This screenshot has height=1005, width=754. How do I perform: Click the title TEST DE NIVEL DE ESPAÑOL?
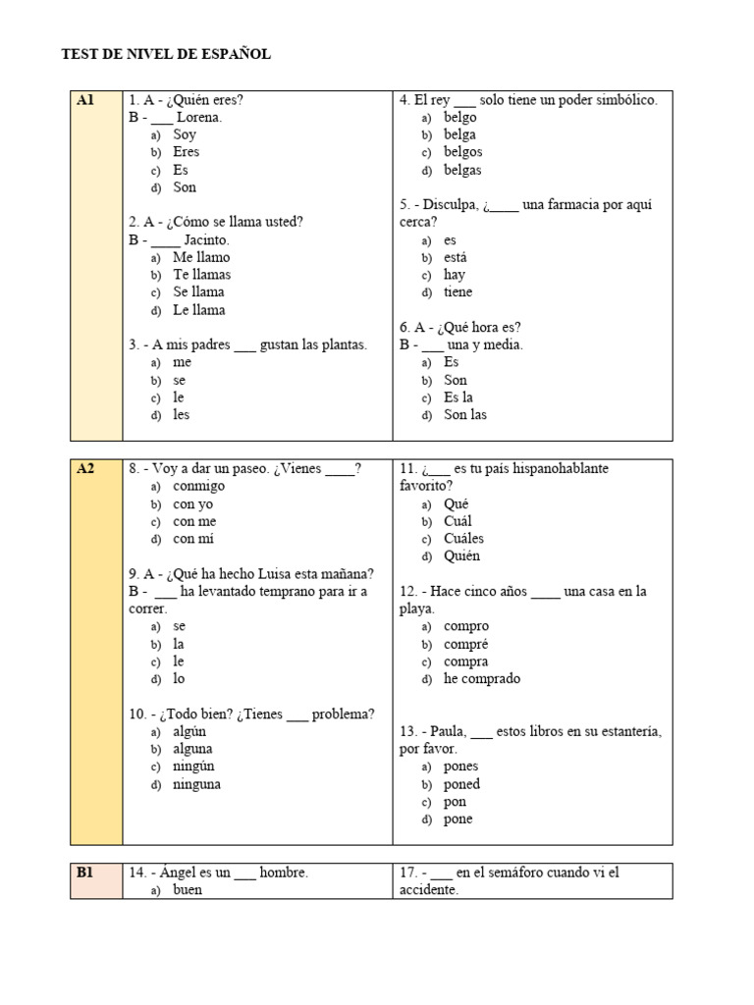click(166, 55)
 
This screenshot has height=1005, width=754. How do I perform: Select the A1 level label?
click(85, 100)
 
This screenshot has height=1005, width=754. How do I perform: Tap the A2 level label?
click(85, 468)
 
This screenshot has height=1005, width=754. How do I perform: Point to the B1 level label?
click(85, 872)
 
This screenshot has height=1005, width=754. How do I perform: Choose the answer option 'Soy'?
click(185, 134)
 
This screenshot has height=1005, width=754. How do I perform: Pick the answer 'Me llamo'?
click(201, 257)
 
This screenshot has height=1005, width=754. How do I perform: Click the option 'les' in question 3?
click(182, 414)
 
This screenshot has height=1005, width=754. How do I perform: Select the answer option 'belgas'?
click(462, 170)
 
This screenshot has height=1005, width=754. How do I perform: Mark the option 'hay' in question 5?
click(455, 275)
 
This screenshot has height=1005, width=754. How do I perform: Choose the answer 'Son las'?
click(465, 414)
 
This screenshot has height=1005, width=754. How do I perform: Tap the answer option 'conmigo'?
click(198, 486)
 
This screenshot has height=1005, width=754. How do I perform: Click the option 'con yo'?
click(193, 503)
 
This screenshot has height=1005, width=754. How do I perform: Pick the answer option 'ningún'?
click(193, 766)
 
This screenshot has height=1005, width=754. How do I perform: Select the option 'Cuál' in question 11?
click(458, 521)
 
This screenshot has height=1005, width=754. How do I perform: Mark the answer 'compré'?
click(465, 644)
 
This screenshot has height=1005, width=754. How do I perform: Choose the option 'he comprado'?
click(482, 678)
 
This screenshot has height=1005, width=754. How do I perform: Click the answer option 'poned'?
click(461, 784)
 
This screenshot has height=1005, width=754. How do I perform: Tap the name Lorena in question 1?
click(199, 118)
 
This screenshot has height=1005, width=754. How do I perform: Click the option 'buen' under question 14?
click(188, 890)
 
